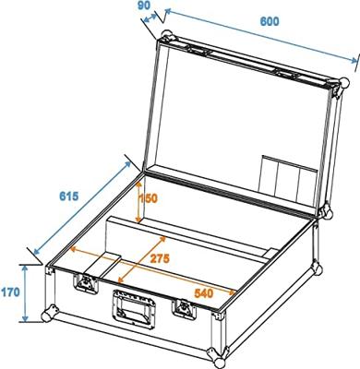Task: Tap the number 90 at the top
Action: (x=144, y=6)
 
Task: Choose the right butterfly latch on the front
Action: (x=184, y=311)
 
